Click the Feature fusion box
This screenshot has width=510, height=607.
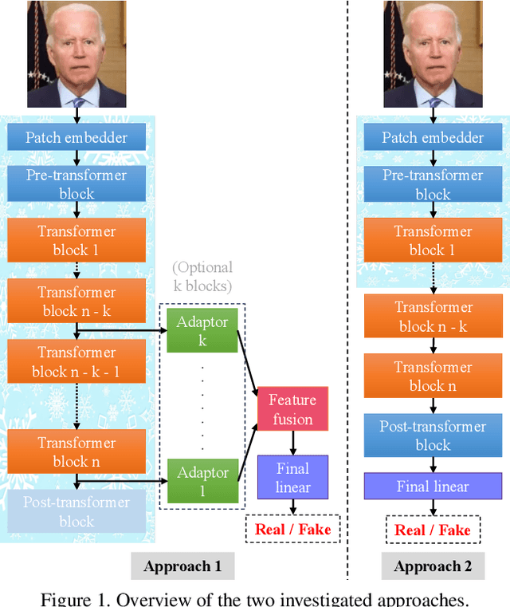[x=292, y=409]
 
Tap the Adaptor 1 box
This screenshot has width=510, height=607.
[x=202, y=482]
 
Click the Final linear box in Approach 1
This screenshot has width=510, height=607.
[x=292, y=477]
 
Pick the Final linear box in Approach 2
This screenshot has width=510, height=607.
[x=433, y=487]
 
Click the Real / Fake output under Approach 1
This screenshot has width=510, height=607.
[x=292, y=528]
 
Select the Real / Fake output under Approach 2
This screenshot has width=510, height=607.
[x=433, y=530]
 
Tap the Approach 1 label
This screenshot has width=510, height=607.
[x=182, y=566]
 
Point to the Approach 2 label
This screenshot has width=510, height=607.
[x=433, y=566]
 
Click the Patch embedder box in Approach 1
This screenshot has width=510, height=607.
[x=76, y=137]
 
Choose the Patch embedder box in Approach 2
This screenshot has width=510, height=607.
[x=433, y=137]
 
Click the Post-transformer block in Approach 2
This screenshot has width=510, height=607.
[x=433, y=436]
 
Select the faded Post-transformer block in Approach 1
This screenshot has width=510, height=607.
[x=76, y=511]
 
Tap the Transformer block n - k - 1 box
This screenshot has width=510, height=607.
[x=76, y=361]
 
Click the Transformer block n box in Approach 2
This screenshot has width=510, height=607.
[x=433, y=376]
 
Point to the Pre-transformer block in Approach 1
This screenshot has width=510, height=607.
[x=76, y=184]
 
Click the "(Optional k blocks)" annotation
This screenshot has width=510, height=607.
[x=202, y=277]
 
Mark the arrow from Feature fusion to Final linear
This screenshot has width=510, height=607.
[x=292, y=442]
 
